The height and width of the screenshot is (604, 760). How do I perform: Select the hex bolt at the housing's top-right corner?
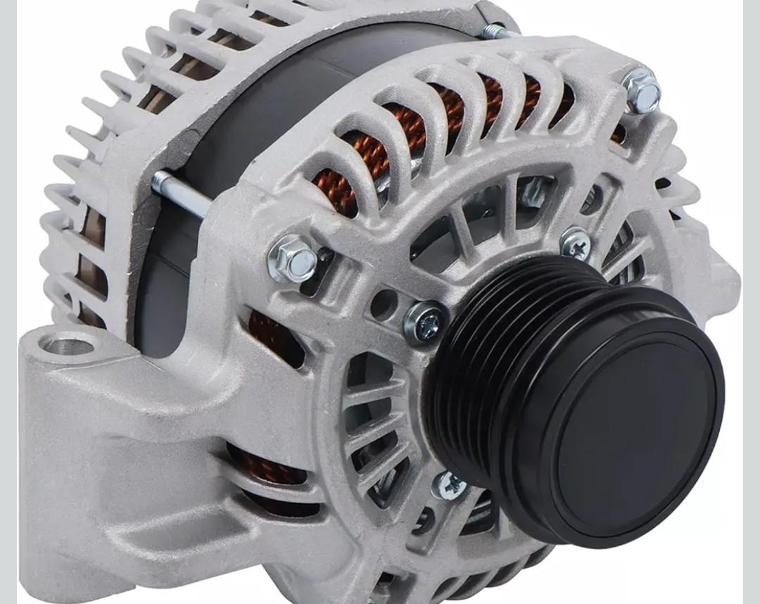click(642, 91)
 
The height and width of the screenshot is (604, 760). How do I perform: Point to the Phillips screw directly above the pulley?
click(576, 244)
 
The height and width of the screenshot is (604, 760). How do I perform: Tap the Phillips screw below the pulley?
click(448, 485)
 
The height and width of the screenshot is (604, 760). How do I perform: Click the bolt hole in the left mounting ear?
click(68, 345)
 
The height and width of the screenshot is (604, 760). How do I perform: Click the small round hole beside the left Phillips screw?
click(384, 304)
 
